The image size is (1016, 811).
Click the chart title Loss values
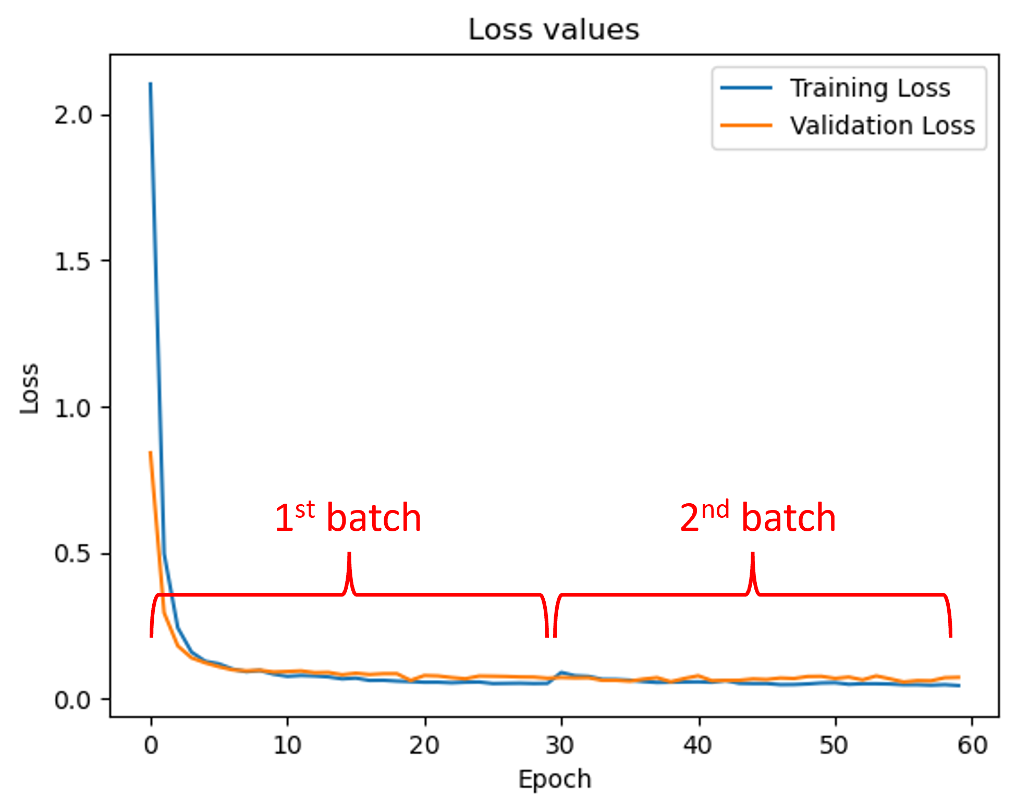pyautogui.click(x=554, y=30)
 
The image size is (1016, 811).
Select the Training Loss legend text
pyautogui.click(x=870, y=88)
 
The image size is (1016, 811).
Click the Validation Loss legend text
pyautogui.click(x=882, y=126)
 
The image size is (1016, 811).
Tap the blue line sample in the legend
pyautogui.click(x=746, y=88)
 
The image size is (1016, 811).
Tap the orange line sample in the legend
pyautogui.click(x=746, y=126)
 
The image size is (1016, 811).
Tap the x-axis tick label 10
pyautogui.click(x=288, y=745)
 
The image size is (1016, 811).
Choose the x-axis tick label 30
pyautogui.click(x=561, y=745)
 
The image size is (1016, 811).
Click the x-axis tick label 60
pyautogui.click(x=972, y=745)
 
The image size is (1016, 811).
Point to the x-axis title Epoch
pyautogui.click(x=555, y=780)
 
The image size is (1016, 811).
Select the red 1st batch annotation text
pyautogui.click(x=348, y=518)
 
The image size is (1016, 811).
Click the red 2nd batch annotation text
pyautogui.click(x=757, y=518)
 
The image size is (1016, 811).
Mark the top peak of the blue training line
pyautogui.click(x=151, y=83)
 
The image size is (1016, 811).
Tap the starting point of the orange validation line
pyautogui.click(x=150, y=452)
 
